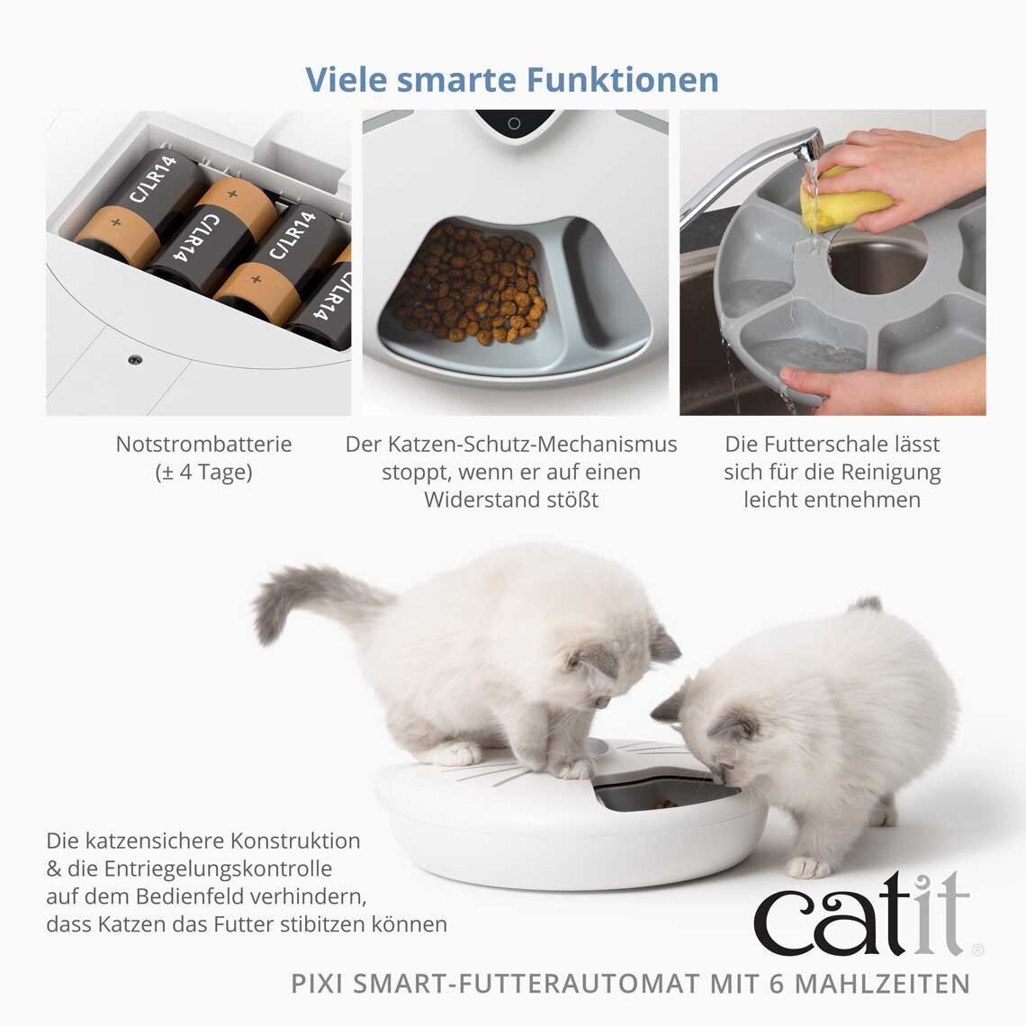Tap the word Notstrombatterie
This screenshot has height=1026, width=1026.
point(203,444)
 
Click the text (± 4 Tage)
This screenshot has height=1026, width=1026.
point(203,472)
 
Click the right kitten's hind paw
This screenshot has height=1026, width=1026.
point(808,867)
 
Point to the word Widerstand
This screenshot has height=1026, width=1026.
point(477,499)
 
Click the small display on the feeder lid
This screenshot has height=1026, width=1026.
point(514,123)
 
